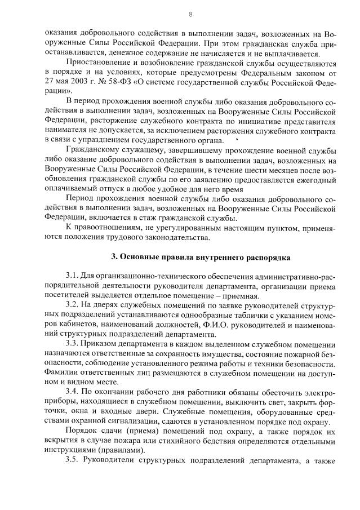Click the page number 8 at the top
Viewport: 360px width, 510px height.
190,14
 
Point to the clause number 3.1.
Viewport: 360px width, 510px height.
73,276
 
